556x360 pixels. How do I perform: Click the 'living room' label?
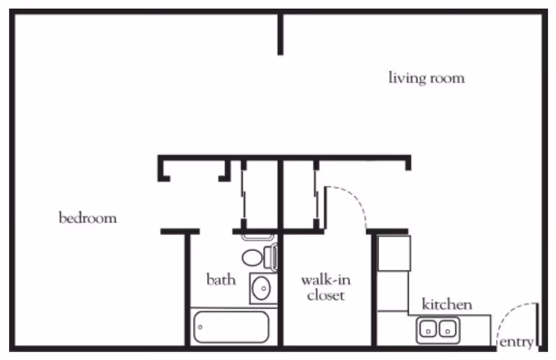pos(426,78)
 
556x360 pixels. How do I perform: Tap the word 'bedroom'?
pos(87,218)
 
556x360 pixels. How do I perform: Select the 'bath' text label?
pos(221,280)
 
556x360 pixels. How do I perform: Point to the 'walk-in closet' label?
pos(325,288)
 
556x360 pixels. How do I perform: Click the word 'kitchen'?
pos(447,304)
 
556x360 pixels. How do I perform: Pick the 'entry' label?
pos(516,342)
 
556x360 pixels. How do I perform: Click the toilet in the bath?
pos(253,257)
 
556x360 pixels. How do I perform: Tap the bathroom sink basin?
pos(262,288)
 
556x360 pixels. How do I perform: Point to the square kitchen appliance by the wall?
pos(394,253)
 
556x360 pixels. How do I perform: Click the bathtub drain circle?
pos(200,327)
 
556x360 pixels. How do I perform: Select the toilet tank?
pos(270,256)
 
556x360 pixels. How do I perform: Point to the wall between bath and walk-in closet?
pos(280,289)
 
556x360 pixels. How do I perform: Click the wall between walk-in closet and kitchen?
pos(374,289)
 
